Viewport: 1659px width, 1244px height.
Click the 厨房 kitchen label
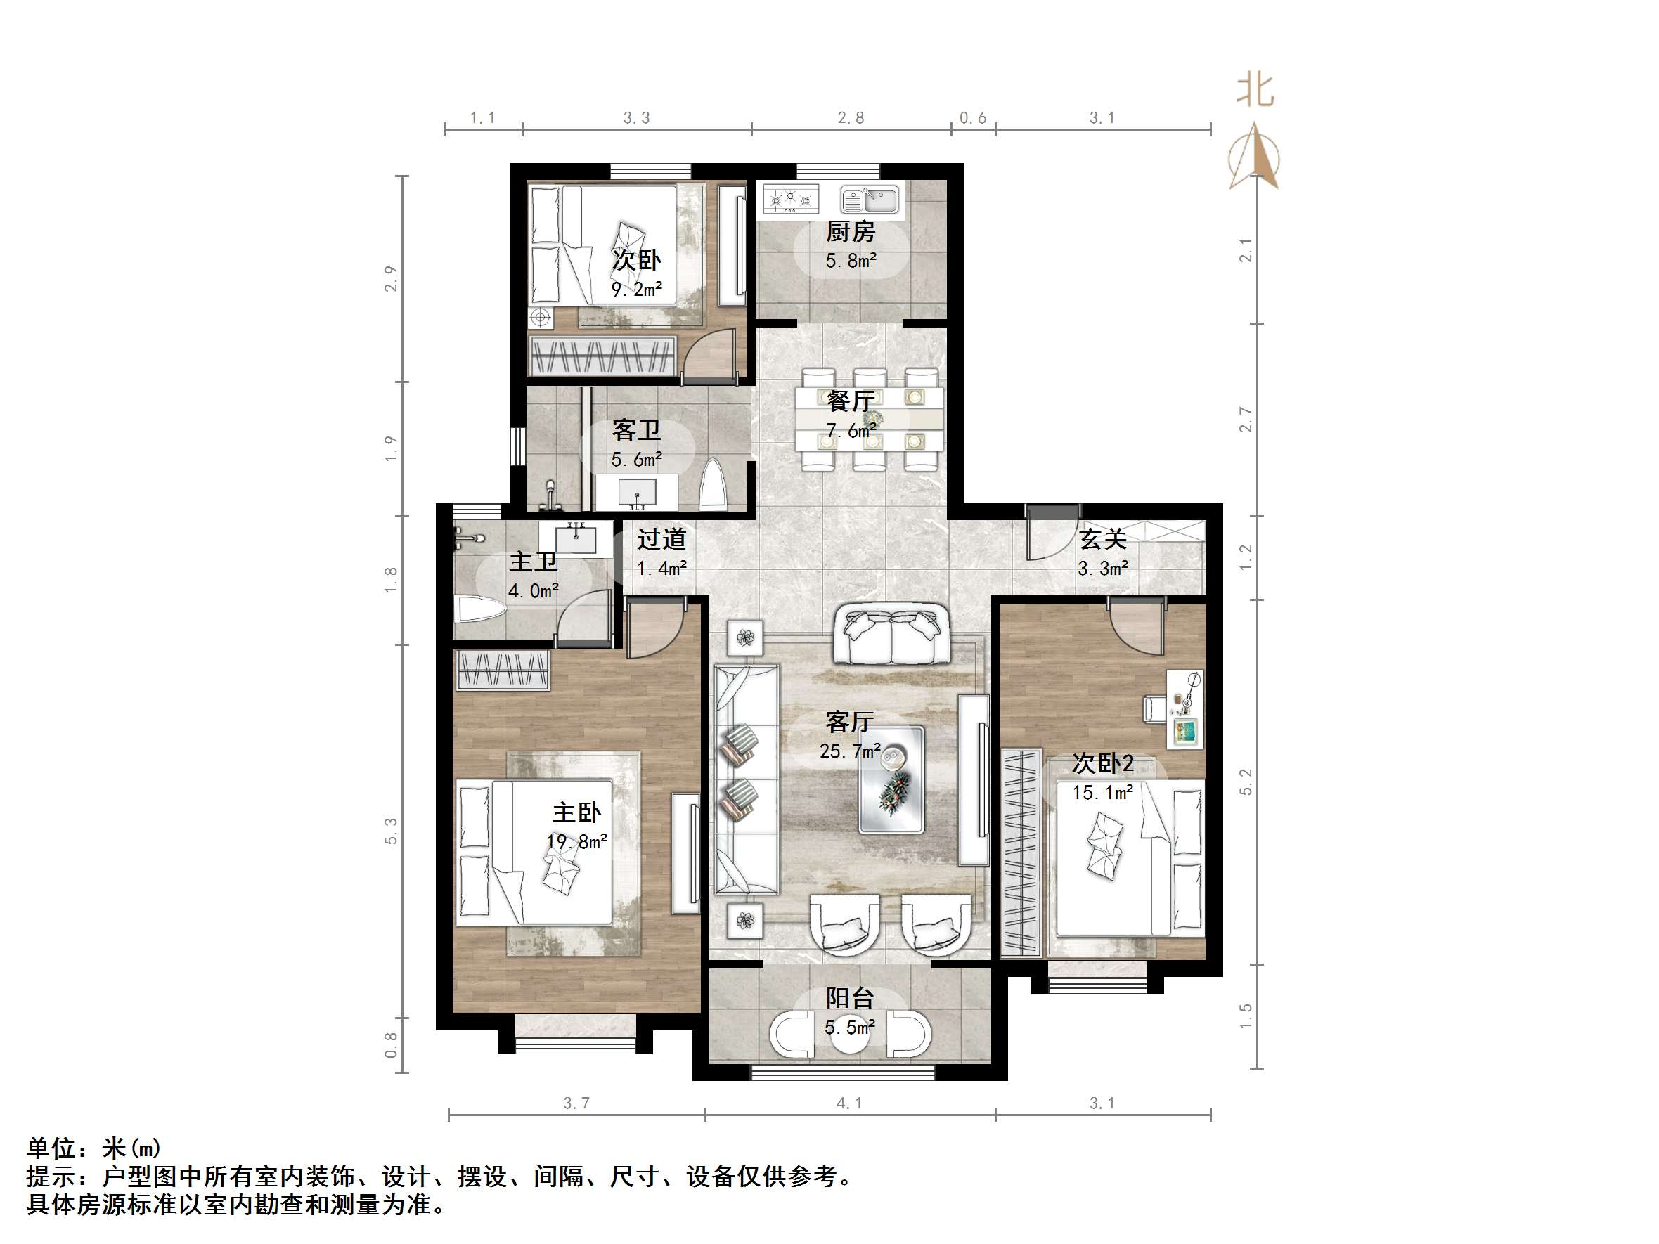851,232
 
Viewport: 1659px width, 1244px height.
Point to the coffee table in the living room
891,779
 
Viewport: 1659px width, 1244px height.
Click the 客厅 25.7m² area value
850,751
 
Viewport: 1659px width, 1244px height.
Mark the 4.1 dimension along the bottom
849,1103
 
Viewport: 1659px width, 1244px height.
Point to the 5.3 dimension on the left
391,831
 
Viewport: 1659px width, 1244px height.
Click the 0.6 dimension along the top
973,118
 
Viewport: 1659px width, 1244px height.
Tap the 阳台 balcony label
850,998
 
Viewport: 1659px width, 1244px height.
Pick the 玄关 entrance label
1102,539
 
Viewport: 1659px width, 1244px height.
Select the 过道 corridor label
661,539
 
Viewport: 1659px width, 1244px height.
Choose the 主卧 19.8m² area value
576,841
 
